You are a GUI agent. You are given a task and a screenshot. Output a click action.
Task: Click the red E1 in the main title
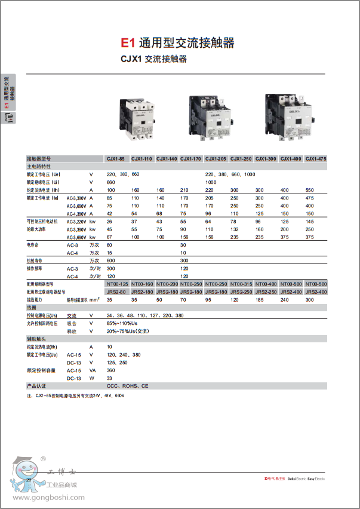pyautogui.click(x=128, y=43)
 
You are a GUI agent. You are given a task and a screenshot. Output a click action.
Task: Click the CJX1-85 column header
pyautogui.click(x=115, y=158)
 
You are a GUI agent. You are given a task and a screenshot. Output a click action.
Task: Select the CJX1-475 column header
pyautogui.click(x=315, y=158)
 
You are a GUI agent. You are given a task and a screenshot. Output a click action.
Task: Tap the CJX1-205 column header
pyautogui.click(x=216, y=158)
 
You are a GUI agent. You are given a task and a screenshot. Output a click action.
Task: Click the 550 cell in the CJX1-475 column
pyautogui.click(x=309, y=189)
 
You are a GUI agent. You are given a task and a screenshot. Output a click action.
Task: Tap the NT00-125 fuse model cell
pyautogui.click(x=117, y=283)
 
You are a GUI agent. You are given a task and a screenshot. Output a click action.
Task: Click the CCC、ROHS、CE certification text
pyautogui.click(x=128, y=386)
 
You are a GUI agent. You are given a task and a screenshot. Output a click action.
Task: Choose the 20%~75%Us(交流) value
pyautogui.click(x=132, y=330)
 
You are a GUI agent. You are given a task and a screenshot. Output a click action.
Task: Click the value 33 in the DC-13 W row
pyautogui.click(x=109, y=378)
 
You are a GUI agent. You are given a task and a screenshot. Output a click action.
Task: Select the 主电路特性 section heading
pyautogui.click(x=39, y=166)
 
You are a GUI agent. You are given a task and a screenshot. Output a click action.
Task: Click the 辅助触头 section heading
pyautogui.click(x=36, y=338)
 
